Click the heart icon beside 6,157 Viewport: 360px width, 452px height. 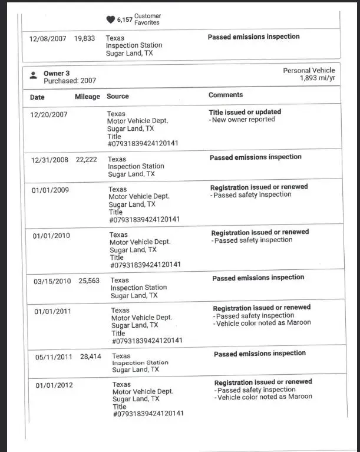tap(110, 19)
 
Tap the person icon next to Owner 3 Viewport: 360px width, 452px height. tap(33, 75)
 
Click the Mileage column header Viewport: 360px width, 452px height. tap(87, 97)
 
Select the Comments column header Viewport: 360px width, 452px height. tap(225, 95)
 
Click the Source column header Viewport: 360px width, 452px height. tap(118, 96)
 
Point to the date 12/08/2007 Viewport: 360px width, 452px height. tap(48, 39)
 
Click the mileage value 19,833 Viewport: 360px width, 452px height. tap(84, 38)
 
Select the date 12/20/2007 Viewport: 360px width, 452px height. tap(49, 114)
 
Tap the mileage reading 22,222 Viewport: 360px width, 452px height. tap(87, 160)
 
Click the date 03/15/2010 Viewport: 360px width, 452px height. tap(52, 281)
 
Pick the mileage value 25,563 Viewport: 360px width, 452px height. tap(89, 281)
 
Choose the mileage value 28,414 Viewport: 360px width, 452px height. tap(91, 357)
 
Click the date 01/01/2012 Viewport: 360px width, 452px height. tap(54, 385)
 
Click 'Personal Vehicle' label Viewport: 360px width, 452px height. tap(309, 71)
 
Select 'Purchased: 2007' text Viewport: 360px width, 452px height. tap(70, 81)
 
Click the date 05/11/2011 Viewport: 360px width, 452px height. tap(53, 357)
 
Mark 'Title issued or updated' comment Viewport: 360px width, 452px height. tap(245, 112)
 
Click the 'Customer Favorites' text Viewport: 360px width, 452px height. tap(147, 19)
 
